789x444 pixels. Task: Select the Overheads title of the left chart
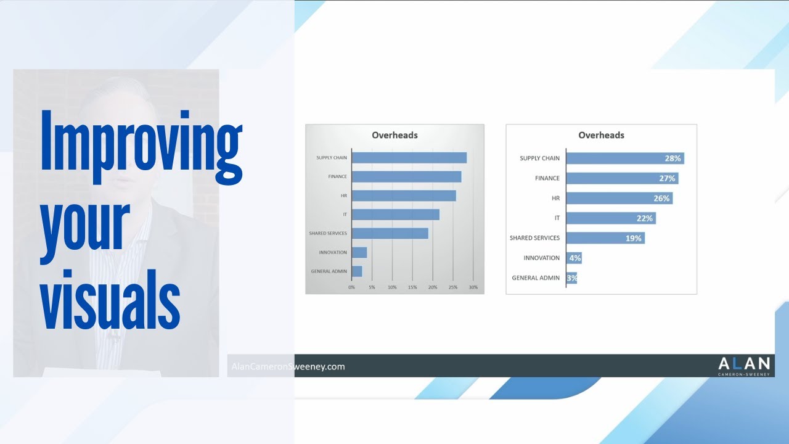[394, 135]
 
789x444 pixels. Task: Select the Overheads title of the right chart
[601, 135]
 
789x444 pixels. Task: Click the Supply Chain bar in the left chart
[409, 158]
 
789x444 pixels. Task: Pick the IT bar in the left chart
[396, 215]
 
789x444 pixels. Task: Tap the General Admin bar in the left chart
[357, 271]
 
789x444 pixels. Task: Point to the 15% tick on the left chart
[412, 287]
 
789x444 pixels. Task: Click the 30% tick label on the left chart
[473, 287]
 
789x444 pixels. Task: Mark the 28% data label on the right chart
[672, 158]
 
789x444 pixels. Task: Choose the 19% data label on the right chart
[634, 238]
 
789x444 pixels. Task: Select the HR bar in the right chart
[619, 198]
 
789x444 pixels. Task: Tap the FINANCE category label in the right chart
[547, 178]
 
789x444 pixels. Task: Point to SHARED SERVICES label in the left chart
[328, 233]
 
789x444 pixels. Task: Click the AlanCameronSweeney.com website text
[288, 366]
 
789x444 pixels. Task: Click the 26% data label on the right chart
[661, 199]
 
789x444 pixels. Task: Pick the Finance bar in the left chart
[407, 177]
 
